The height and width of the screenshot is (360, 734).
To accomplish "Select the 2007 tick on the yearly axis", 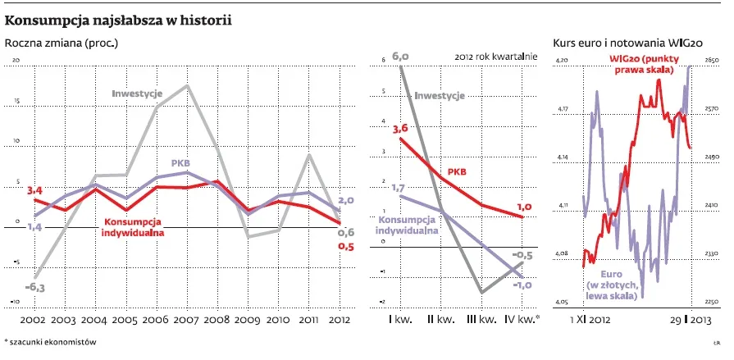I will (188, 318).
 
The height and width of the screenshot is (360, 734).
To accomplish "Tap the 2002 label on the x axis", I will (33, 318).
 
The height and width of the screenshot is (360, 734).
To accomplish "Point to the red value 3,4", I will (35, 191).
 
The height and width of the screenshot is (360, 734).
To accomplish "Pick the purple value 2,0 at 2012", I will (346, 200).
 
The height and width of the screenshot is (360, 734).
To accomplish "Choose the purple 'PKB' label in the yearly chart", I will (181, 163).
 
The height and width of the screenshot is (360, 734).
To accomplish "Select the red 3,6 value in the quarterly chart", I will (400, 129).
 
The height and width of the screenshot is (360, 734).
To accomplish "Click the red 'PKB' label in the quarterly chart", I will (457, 172).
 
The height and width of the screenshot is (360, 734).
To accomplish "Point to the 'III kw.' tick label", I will (478, 318).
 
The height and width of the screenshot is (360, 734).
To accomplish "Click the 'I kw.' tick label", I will (399, 318).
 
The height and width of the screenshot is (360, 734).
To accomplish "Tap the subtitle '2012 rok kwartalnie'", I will (495, 57).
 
